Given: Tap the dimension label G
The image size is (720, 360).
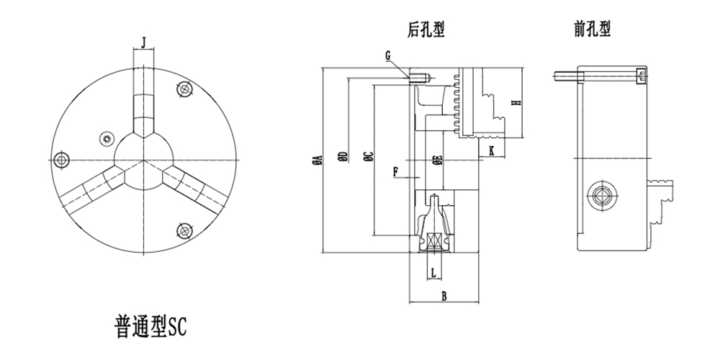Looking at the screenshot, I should click(x=388, y=55).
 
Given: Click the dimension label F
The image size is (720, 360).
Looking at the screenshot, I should click(x=396, y=171).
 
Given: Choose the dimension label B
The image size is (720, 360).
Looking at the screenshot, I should click(x=444, y=296).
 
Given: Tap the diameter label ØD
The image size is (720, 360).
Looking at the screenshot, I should click(x=343, y=158).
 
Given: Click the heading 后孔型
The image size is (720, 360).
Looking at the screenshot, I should click(x=426, y=30).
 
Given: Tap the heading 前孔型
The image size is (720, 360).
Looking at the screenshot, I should click(x=593, y=30).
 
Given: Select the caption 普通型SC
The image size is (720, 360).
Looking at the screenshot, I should click(x=150, y=325).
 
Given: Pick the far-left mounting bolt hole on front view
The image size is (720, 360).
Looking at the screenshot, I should click(x=63, y=158).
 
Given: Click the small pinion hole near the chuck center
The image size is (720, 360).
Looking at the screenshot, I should click(x=108, y=138).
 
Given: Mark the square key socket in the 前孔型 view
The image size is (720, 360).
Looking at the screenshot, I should click(x=602, y=196).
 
